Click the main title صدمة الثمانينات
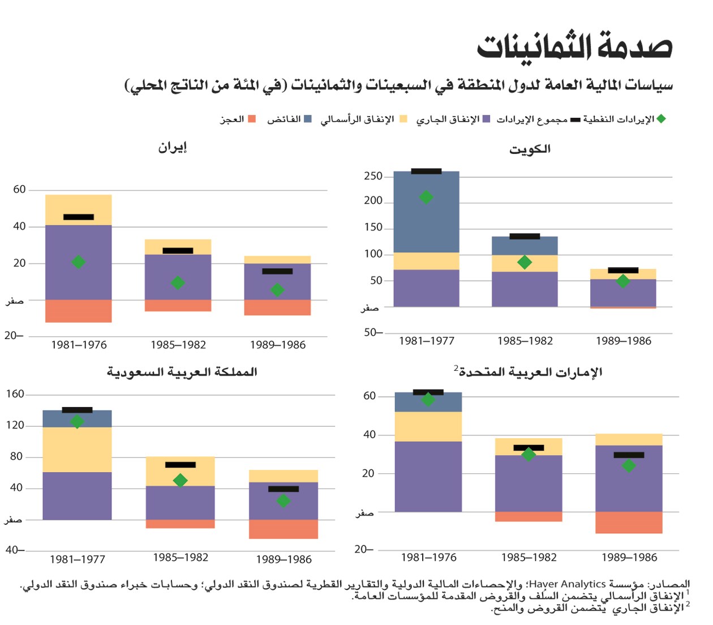(574, 46)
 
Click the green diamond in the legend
(661, 119)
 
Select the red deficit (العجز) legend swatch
(252, 119)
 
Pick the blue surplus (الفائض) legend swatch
(308, 119)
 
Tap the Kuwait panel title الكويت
(530, 149)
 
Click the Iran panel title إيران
(172, 148)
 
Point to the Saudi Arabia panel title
(182, 372)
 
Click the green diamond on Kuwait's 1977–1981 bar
(426, 197)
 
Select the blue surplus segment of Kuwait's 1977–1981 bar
(426, 221)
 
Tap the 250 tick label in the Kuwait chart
(373, 176)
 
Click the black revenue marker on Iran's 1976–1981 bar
(79, 217)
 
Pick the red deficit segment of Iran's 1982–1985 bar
(178, 306)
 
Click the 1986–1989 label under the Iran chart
(278, 345)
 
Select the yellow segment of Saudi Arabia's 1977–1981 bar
(77, 450)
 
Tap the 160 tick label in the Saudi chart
(15, 394)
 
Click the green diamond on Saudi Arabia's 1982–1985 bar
(181, 481)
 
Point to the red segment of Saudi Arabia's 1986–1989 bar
(284, 529)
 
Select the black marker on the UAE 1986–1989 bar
(629, 455)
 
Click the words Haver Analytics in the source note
(559, 584)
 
